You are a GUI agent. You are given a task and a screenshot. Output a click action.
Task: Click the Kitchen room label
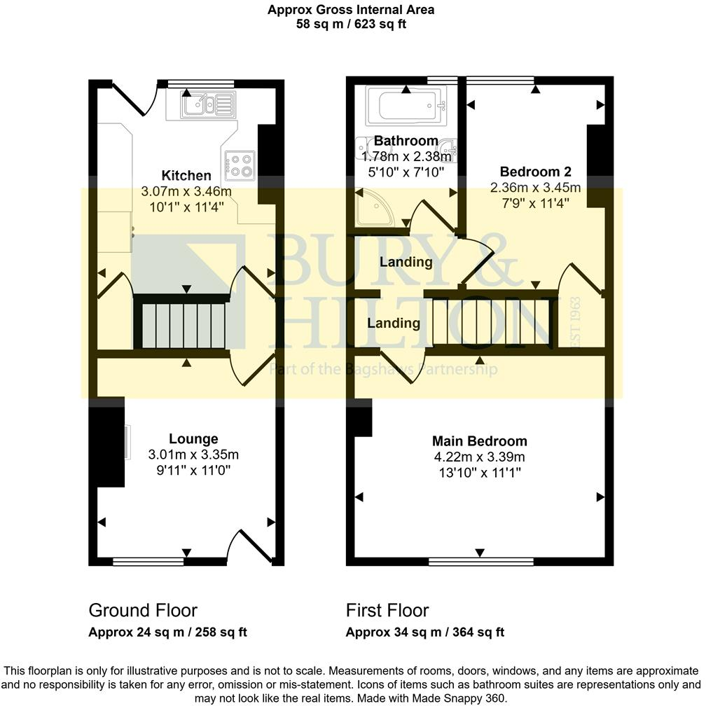(x=186, y=175)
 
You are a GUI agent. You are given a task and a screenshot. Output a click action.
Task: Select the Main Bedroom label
(x=480, y=441)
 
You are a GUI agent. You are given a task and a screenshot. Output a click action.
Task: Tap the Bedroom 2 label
(x=536, y=172)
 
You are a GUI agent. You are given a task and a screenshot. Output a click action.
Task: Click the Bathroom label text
(x=406, y=141)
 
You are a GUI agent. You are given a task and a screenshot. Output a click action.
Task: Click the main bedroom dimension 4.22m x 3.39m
(x=480, y=457)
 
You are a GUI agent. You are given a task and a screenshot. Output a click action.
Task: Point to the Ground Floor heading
(x=143, y=610)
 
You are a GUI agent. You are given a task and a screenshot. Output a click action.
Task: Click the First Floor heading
(x=387, y=610)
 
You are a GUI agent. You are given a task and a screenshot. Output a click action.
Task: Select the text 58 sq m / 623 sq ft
(x=351, y=24)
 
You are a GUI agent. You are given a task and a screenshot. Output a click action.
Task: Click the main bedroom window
(x=481, y=561)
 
